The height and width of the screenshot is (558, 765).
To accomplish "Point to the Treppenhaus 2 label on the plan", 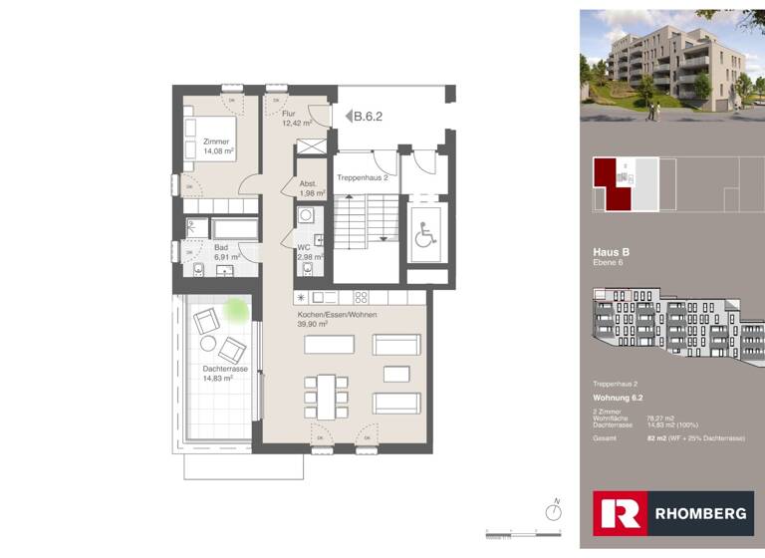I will [x=362, y=176].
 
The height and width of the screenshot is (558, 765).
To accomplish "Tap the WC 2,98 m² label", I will [x=309, y=252].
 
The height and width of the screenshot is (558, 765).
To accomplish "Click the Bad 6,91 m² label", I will [x=227, y=252].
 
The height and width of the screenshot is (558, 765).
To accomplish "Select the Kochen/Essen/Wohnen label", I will [x=337, y=319].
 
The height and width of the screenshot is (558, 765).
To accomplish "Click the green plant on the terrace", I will [x=237, y=309].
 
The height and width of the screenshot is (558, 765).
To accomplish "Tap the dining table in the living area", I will [x=326, y=396].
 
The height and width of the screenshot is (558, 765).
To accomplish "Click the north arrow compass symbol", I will [x=555, y=511].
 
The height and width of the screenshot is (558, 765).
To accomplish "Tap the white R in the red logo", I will [x=619, y=513].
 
